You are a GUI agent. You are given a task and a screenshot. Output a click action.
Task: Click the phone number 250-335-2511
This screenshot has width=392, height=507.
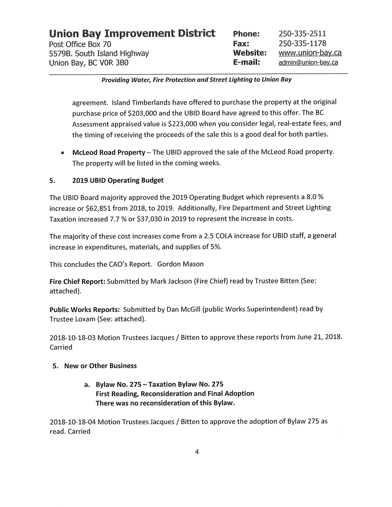302,33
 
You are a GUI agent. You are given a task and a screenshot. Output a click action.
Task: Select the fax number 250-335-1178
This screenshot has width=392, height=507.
302,43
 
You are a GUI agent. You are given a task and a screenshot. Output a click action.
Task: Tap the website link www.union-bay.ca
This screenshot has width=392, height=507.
310,53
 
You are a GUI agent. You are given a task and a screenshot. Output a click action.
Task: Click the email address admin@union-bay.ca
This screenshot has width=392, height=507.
308,63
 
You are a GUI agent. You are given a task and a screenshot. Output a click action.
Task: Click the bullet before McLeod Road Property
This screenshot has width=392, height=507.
63,153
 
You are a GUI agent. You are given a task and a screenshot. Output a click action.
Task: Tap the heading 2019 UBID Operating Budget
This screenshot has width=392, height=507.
118,180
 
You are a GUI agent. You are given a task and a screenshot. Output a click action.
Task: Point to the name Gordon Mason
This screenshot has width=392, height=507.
180,264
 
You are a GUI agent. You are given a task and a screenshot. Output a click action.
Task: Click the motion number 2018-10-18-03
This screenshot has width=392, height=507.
73,337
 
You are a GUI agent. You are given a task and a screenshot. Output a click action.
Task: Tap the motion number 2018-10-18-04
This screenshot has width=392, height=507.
73,421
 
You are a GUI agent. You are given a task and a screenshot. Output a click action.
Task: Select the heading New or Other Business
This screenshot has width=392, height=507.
100,366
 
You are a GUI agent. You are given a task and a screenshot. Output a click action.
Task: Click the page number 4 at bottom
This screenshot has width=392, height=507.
197,452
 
